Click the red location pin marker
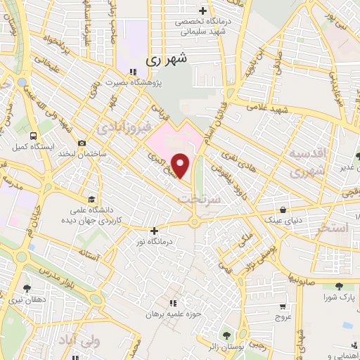[181, 165]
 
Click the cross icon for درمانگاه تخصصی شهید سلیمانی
[203, 11]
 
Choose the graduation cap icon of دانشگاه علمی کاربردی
[92, 198]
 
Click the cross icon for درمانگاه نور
[154, 230]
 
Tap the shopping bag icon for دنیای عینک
[283, 208]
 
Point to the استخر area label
[333, 228]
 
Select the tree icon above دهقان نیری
[27, 288]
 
